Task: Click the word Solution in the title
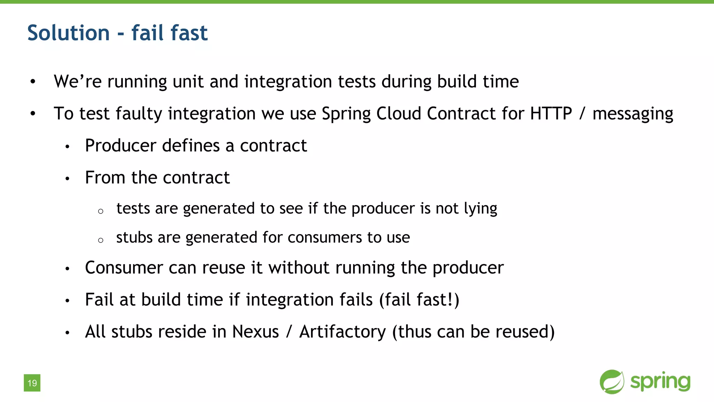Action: [x=68, y=33]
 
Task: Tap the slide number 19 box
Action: [x=32, y=383]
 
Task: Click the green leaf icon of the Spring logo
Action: [x=612, y=382]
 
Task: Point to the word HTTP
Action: [x=551, y=113]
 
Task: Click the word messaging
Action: [x=633, y=114]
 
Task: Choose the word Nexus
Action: [x=255, y=332]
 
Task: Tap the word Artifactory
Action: [x=342, y=332]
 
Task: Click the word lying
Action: [x=480, y=209]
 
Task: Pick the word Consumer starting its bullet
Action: [x=124, y=268]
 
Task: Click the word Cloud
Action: [x=398, y=113]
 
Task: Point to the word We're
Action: [x=77, y=81]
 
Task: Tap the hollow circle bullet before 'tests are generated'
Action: [x=101, y=211]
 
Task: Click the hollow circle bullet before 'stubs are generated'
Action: [x=101, y=240]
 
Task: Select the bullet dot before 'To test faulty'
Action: [x=33, y=114]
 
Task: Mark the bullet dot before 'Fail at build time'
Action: [x=68, y=300]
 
